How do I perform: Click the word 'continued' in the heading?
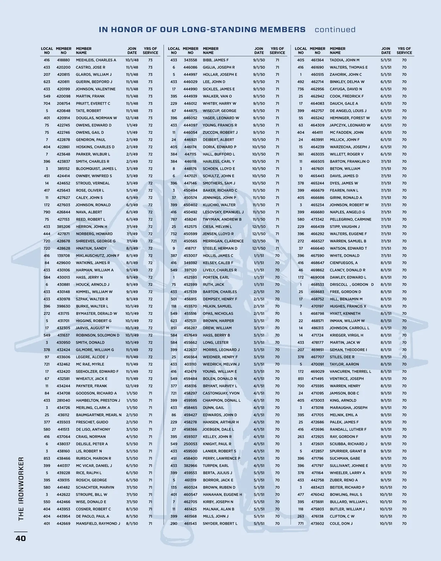[x=335, y=30]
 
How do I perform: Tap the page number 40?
[x=21, y=538]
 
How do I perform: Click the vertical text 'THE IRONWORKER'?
[x=21, y=489]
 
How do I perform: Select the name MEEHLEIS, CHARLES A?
[x=96, y=60]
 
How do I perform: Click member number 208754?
[x=63, y=104]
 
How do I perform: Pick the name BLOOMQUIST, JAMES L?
[x=96, y=169]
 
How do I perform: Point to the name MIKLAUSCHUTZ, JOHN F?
[x=98, y=256]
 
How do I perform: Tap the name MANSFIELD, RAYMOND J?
[x=98, y=524]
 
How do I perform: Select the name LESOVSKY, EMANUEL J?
[x=223, y=212]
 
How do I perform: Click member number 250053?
[x=190, y=444]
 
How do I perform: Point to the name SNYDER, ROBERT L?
[x=220, y=524]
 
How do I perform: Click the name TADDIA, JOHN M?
[x=344, y=60]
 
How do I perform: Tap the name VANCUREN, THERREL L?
[x=350, y=371]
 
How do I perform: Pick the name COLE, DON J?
[x=341, y=524]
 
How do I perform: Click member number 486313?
[x=317, y=328]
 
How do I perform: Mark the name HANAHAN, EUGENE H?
[x=222, y=495]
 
